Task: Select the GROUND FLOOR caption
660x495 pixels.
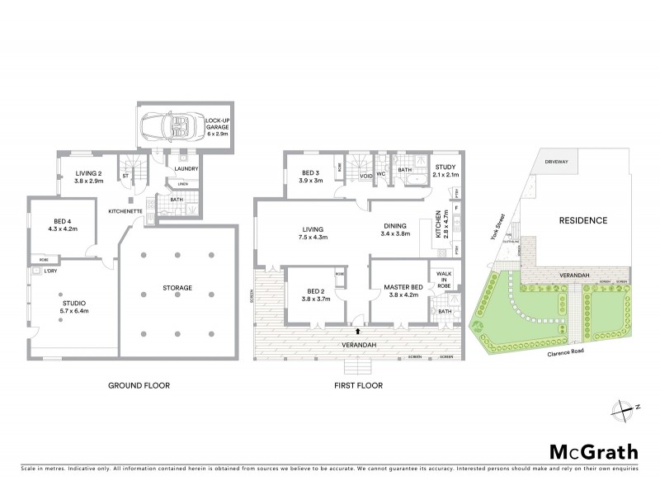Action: (138, 385)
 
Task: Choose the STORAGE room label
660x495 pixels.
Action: (177, 287)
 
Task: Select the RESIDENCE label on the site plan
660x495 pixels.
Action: (583, 220)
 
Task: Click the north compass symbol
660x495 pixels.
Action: (625, 407)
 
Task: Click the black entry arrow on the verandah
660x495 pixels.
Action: (358, 331)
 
